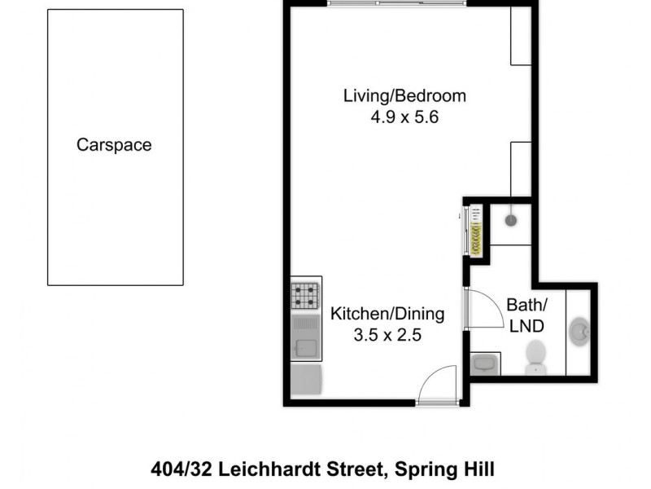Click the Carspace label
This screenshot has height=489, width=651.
(114, 145)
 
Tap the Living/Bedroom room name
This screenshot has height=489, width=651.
(404, 95)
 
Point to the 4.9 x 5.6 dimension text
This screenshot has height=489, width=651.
(404, 117)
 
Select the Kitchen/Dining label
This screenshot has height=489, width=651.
(387, 313)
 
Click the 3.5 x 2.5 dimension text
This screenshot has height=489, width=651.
(387, 334)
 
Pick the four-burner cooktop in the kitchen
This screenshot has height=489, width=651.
(306, 295)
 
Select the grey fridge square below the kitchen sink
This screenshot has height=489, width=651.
(306, 380)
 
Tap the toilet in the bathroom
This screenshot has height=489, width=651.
(535, 356)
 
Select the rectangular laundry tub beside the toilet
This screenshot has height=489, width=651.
(485, 363)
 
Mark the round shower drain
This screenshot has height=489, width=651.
(510, 220)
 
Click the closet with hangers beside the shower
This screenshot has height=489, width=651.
(473, 231)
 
